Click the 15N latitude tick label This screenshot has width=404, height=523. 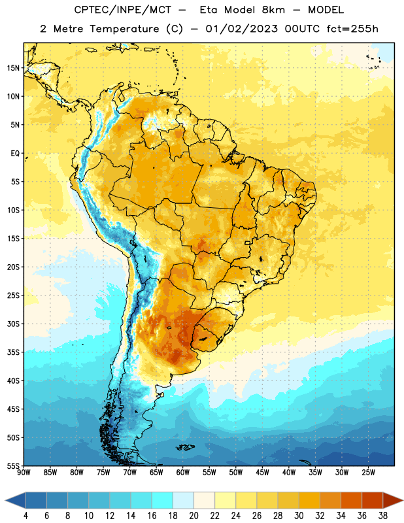(x=13, y=68)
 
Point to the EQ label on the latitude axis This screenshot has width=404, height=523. (x=15, y=154)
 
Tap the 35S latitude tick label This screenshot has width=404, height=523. (x=13, y=352)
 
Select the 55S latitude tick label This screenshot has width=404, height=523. (x=13, y=465)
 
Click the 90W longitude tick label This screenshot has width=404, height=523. (x=24, y=473)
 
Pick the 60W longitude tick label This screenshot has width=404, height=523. (x=183, y=473)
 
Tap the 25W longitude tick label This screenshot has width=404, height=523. (x=368, y=473)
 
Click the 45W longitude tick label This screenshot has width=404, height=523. (x=262, y=473)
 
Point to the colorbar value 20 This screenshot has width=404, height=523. (x=194, y=516)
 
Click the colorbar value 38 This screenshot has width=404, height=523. (x=382, y=516)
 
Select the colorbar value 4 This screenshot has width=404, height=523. (x=25, y=516)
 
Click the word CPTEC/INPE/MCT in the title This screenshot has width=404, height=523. (x=122, y=10)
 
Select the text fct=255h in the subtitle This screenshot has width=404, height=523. (x=352, y=29)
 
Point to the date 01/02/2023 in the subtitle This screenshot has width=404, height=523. (x=241, y=29)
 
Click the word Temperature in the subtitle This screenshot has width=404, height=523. (x=124, y=29)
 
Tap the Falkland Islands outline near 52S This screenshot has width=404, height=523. (x=186, y=447)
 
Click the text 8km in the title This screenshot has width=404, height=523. (x=273, y=10)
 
